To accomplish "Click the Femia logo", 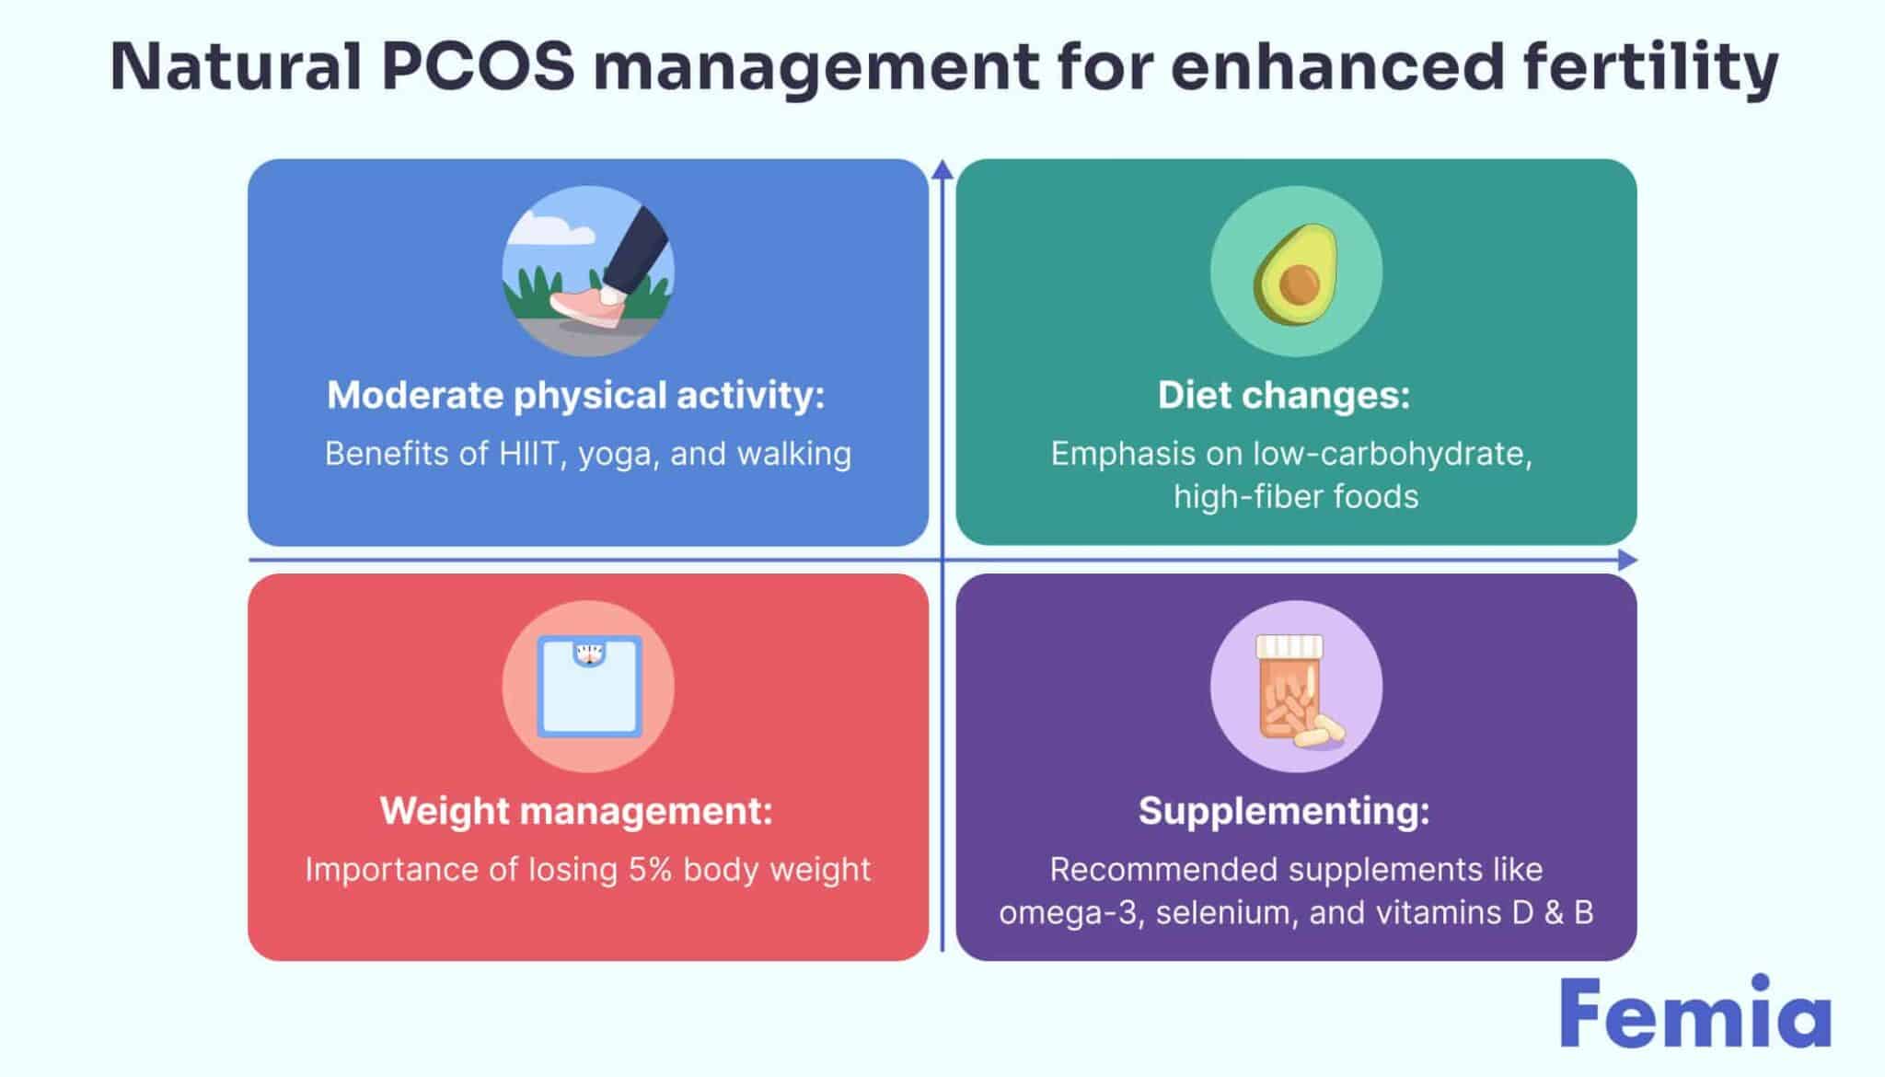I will [x=1695, y=1013].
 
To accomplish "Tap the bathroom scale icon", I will [x=589, y=687].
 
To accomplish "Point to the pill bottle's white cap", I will [x=1289, y=645].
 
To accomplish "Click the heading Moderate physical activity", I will [x=576, y=396].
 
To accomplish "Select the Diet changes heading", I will [x=1283, y=396].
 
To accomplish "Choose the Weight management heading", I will [x=576, y=811].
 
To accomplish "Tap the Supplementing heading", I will [x=1283, y=811].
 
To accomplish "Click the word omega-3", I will [x=1071, y=913].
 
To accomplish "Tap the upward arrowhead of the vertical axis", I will [x=942, y=169].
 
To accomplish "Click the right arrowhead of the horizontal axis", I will [x=1627, y=560].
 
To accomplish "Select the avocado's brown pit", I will [x=1299, y=284].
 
